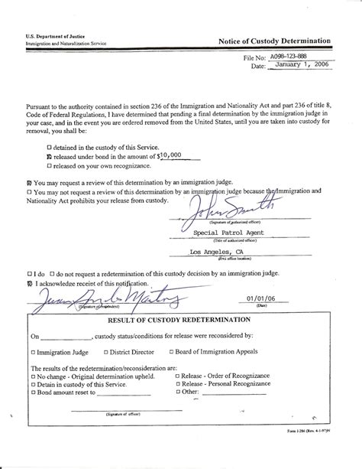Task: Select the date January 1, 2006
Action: tap(299, 67)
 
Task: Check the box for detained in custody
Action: tap(50, 145)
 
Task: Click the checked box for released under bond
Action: tap(50, 154)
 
